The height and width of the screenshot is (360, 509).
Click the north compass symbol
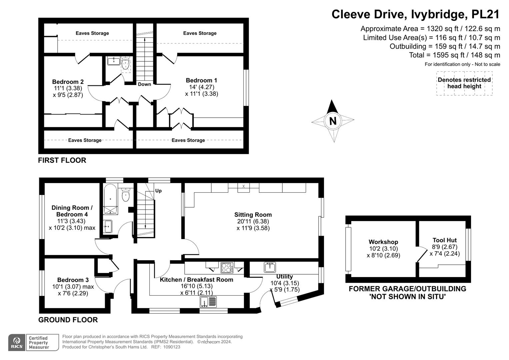coord(333,121)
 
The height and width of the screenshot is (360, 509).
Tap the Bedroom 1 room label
coord(201,80)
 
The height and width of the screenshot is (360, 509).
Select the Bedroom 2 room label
coord(68,82)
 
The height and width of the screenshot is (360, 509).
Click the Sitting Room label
coord(253,215)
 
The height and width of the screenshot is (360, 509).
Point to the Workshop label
coord(383,242)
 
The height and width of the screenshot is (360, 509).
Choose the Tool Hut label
coord(444,240)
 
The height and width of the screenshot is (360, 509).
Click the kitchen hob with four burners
coord(227,268)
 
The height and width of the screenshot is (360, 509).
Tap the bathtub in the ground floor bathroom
coord(110,199)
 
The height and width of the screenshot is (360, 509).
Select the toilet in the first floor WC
coord(126,63)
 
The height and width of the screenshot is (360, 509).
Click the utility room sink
coord(270,267)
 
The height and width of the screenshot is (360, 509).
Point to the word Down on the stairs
coord(144,84)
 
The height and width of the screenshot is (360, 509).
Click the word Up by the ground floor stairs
coord(158,191)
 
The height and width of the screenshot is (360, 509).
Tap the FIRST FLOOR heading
coord(62,160)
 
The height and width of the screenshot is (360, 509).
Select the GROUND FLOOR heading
coord(68,320)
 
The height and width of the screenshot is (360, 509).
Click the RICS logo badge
coord(17,342)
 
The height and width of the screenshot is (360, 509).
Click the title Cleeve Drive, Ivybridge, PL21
coord(415,14)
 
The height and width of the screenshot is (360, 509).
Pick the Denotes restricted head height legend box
coord(464,83)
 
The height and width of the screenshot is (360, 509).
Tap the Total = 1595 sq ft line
coord(454,55)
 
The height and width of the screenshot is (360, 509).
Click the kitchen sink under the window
coord(208,302)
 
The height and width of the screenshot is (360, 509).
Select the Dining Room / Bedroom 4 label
coord(72,211)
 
